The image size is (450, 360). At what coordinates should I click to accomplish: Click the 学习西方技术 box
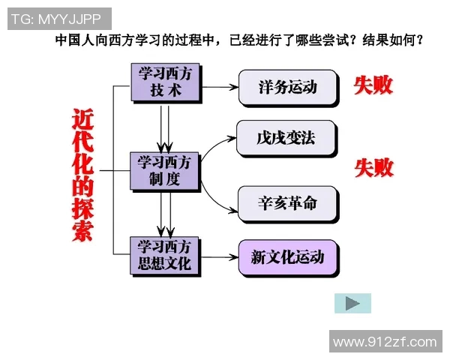tap(165, 82)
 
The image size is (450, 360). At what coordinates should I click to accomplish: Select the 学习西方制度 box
tap(165, 171)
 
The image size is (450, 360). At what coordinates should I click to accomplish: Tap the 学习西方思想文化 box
tap(165, 255)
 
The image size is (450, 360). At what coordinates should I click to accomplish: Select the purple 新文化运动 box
tap(287, 257)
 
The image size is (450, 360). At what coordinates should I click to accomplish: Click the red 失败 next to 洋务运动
tap(373, 85)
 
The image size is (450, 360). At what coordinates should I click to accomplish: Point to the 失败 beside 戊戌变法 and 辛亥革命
tap(373, 167)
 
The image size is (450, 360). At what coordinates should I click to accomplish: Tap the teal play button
tap(352, 303)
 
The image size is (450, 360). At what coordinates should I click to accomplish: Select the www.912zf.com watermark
tap(385, 342)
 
